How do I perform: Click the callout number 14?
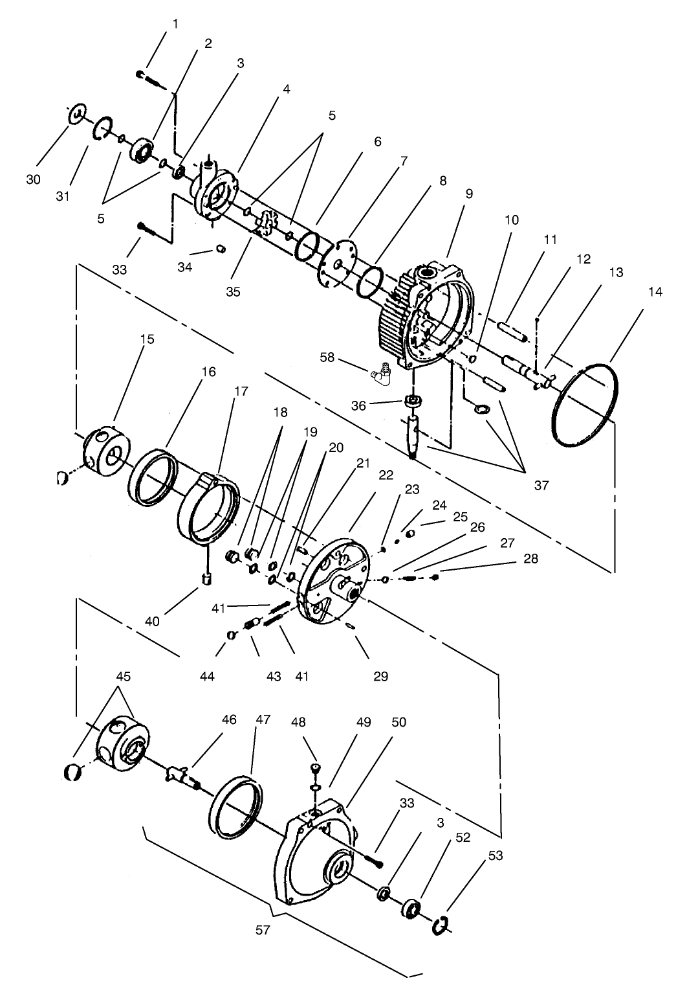point(655,293)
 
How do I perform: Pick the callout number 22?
point(386,475)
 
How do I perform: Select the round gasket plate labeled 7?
point(338,263)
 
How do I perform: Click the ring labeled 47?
point(238,806)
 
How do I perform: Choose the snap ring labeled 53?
point(440,925)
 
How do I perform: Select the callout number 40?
point(152,622)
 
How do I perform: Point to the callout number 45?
point(123,677)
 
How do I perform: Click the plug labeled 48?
point(315,769)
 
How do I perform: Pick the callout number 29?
point(380,677)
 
